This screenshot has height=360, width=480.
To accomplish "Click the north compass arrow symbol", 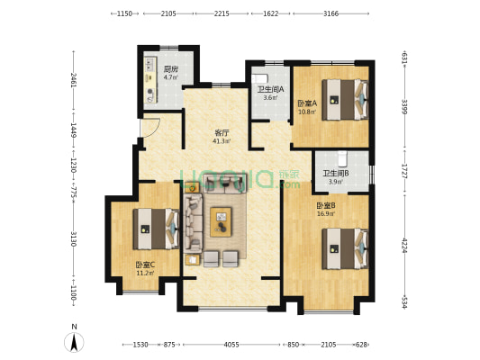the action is [74, 342].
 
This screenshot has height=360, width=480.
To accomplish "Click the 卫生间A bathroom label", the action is [270, 90].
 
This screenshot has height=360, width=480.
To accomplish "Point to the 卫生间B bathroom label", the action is [336, 174].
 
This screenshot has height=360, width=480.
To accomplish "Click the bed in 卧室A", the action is [345, 99].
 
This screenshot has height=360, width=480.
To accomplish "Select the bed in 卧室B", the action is [345, 248].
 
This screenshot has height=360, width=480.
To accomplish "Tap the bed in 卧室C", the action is [156, 229].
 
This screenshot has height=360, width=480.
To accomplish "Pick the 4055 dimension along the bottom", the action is [231, 345].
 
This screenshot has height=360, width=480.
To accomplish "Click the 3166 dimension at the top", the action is [331, 13].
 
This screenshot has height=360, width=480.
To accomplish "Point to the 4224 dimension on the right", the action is [404, 246].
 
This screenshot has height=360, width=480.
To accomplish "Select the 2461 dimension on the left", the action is [74, 80].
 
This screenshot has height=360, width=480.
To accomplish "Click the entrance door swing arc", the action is [155, 130].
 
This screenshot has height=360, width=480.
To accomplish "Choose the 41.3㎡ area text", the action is [222, 141].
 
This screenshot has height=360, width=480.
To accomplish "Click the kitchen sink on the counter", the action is [149, 64].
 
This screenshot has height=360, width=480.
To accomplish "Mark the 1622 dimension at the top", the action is [271, 13].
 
